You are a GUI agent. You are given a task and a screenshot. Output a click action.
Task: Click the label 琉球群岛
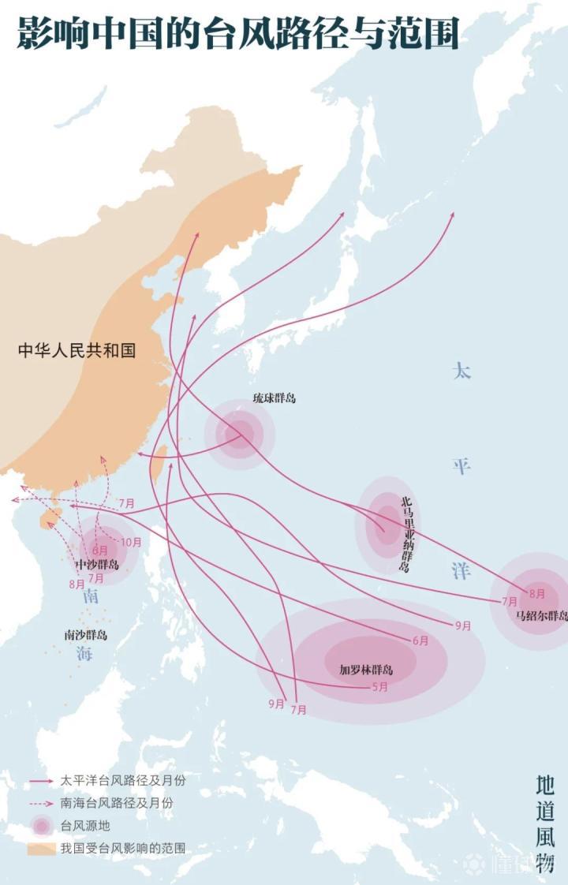click(274, 398)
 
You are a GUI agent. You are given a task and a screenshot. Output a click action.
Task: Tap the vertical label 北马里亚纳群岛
click(406, 533)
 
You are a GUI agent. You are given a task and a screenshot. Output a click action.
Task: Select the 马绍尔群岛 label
click(541, 616)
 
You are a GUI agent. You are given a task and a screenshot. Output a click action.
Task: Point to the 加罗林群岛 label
click(366, 670)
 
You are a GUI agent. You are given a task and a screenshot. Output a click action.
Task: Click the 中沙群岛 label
click(97, 565)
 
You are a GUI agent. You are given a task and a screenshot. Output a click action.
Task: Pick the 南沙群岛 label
click(86, 634)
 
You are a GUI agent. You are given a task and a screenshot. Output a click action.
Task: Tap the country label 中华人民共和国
click(77, 350)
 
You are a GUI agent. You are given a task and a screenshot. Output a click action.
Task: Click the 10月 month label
click(132, 542)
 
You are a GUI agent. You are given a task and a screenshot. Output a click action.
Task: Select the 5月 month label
click(379, 686)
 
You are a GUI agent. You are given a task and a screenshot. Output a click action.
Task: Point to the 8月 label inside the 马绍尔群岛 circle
click(537, 593)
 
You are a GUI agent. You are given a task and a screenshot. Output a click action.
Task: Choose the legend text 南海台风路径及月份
click(116, 803)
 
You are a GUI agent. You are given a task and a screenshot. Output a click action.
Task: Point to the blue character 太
click(461, 371)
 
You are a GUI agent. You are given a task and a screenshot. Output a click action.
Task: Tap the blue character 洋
click(461, 569)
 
